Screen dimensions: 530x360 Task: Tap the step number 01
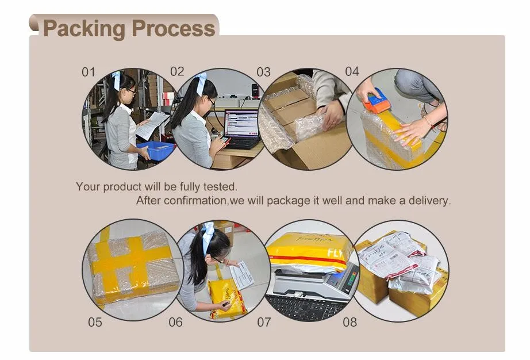pos(89,72)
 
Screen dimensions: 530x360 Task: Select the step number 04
pos(352,71)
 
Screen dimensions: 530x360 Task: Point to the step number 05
pos(95,322)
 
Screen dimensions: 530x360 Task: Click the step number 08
pos(350,322)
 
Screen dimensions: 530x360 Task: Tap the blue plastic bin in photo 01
pos(156,151)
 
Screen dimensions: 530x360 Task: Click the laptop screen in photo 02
pos(241,122)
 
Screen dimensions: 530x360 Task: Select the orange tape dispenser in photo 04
pos(376,101)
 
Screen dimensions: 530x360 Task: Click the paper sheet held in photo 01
pos(151,125)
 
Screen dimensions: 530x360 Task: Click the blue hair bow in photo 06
pos(207,238)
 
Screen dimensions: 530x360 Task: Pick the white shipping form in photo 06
pos(241,275)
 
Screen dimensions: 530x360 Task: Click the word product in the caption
pos(122,187)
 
